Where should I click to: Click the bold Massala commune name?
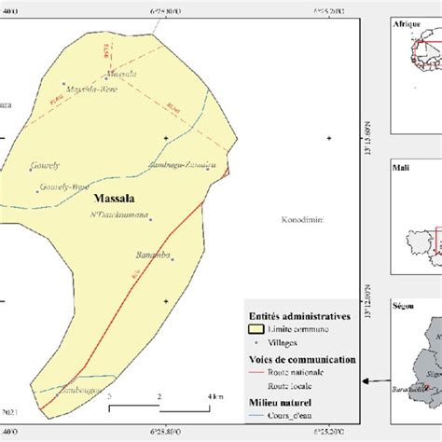tap(116, 200)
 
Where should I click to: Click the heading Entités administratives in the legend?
tap(298, 316)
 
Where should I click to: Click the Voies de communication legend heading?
tap(300, 357)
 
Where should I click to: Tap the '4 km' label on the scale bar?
tap(214, 396)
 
